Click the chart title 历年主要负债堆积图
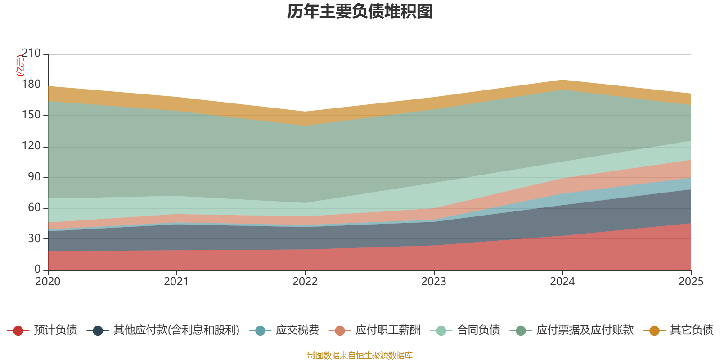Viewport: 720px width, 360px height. click(x=360, y=12)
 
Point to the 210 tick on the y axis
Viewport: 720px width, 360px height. click(x=31, y=54)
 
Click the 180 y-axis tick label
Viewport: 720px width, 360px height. click(x=31, y=84)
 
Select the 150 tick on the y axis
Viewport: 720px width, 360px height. click(x=31, y=115)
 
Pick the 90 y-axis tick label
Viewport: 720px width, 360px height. click(x=34, y=177)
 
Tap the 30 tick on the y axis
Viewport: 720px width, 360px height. click(x=34, y=238)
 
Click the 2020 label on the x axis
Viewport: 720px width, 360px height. click(x=48, y=282)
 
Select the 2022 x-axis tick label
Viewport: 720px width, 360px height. click(x=305, y=282)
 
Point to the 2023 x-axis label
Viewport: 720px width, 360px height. click(x=434, y=282)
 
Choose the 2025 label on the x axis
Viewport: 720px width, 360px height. click(x=691, y=282)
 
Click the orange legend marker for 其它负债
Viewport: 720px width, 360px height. click(x=654, y=331)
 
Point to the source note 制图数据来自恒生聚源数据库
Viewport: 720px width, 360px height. click(x=360, y=355)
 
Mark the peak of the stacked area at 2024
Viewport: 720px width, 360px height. click(x=562, y=80)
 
